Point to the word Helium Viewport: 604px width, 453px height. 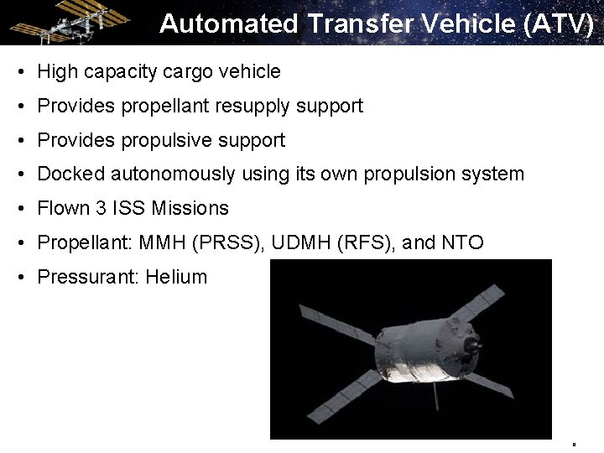pos(176,278)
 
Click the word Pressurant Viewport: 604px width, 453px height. pos(87,278)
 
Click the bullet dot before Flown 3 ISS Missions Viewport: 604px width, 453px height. pos(19,209)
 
